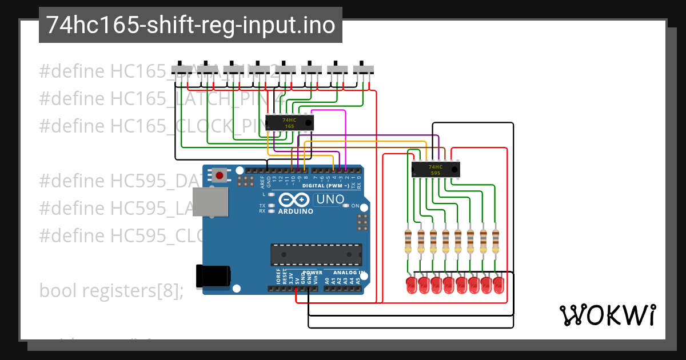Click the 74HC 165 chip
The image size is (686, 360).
tap(289, 122)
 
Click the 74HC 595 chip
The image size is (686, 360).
tap(436, 169)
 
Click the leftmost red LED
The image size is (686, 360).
tap(410, 286)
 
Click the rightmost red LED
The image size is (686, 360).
tap(499, 286)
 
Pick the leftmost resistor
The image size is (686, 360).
tap(408, 242)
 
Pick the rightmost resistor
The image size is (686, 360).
tap(496, 242)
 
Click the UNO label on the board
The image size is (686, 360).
tap(331, 199)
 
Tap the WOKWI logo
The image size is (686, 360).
tap(607, 315)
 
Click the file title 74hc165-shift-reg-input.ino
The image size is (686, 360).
tap(190, 25)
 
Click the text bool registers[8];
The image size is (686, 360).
tap(111, 291)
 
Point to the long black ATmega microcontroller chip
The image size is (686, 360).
tap(316, 255)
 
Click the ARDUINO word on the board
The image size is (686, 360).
tap(296, 211)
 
